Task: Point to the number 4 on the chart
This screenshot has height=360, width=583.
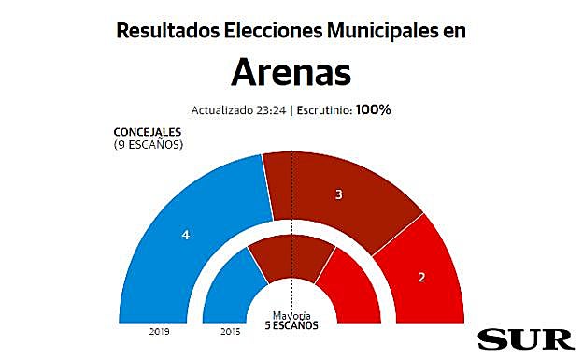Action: (186, 235)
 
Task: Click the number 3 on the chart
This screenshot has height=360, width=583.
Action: (339, 195)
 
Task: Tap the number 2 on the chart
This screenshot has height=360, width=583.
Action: (422, 278)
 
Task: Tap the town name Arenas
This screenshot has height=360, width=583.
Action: (291, 73)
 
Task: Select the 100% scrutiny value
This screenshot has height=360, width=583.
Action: (373, 109)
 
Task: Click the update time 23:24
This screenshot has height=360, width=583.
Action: (269, 109)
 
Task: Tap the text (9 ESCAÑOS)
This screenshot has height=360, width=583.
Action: (147, 145)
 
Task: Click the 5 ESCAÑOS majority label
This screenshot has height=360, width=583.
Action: (291, 325)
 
